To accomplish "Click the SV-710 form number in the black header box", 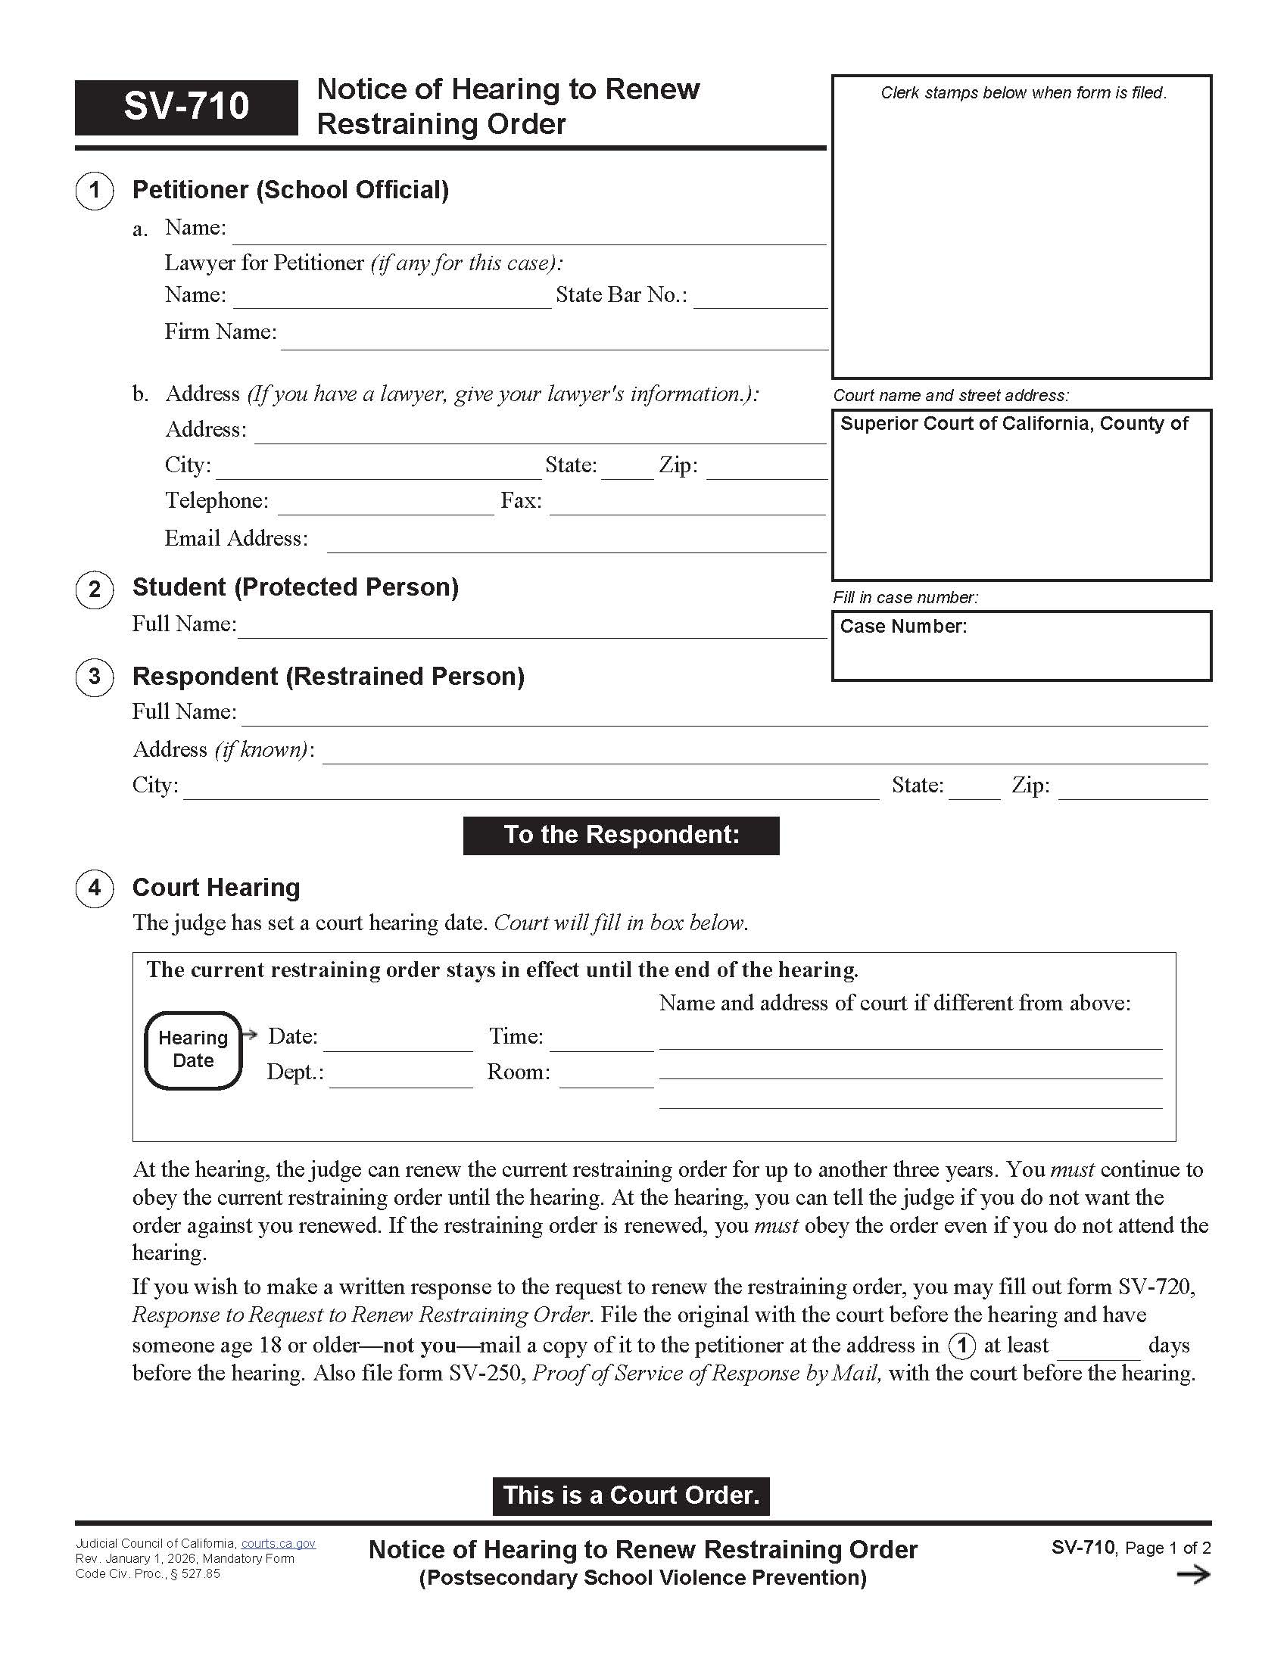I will point(186,106).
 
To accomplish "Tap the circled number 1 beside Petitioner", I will point(95,191).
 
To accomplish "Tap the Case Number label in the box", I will point(902,627).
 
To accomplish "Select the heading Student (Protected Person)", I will point(295,587).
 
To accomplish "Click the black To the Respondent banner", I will point(621,835).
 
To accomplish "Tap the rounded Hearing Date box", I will point(193,1050).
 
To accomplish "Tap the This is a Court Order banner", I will point(631,1495).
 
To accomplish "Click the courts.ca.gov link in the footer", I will point(279,1544).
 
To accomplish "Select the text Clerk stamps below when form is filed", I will point(1024,93).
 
